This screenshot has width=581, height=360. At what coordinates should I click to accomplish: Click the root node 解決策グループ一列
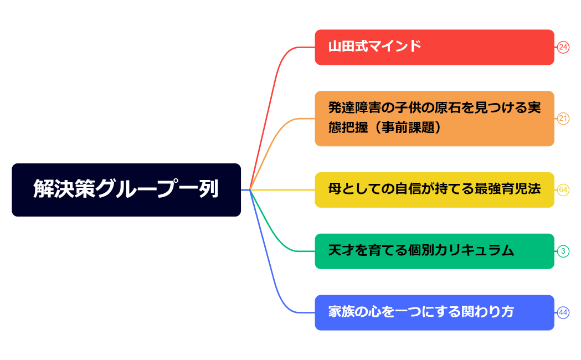tap(126, 189)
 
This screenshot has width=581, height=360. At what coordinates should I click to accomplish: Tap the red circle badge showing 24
tap(563, 47)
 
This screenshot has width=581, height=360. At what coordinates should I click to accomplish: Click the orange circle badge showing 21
tap(563, 119)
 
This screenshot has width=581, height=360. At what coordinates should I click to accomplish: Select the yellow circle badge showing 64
tap(563, 190)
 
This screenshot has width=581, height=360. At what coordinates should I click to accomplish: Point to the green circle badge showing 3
tap(563, 251)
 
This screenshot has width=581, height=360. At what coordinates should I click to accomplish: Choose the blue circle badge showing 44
tap(563, 312)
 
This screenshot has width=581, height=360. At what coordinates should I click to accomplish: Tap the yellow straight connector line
tap(282, 190)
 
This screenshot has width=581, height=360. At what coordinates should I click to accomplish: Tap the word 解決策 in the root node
tap(64, 189)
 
